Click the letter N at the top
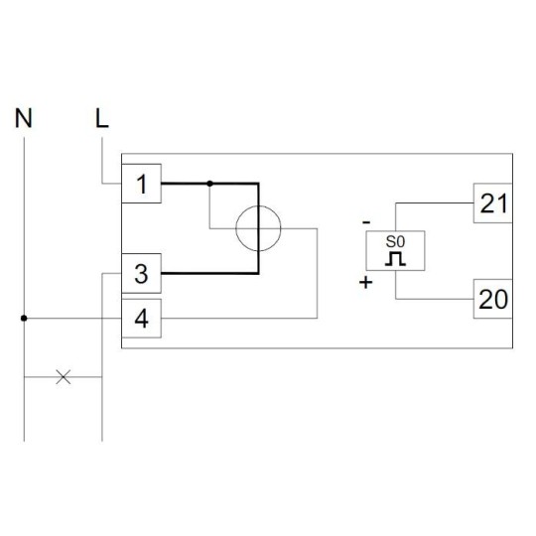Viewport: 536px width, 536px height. pos(24,118)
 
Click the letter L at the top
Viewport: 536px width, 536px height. pos(102,118)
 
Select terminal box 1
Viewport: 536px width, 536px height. pos(142,184)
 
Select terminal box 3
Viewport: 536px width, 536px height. pos(142,274)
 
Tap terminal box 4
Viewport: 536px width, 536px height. pos(142,319)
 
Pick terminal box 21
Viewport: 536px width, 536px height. pos(492,203)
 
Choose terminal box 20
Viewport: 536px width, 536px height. pos(492,299)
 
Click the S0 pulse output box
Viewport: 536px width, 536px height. pos(395,250)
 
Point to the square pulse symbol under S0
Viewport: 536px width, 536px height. pos(395,259)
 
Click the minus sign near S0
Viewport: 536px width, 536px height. pos(366,222)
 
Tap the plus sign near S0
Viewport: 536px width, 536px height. pos(365,282)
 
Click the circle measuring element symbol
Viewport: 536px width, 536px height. pos(258,205)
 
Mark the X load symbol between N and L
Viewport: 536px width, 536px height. pos(64,377)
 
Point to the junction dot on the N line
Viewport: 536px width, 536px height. pos(24,319)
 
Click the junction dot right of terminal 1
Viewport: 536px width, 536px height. pos(209,184)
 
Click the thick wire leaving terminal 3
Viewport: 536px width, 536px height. pos(209,274)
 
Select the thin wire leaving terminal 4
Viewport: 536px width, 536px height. pos(239,319)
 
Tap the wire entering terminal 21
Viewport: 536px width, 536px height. pos(434,203)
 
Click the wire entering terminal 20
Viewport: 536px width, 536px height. pos(434,299)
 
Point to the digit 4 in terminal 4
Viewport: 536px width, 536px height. pos(142,319)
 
